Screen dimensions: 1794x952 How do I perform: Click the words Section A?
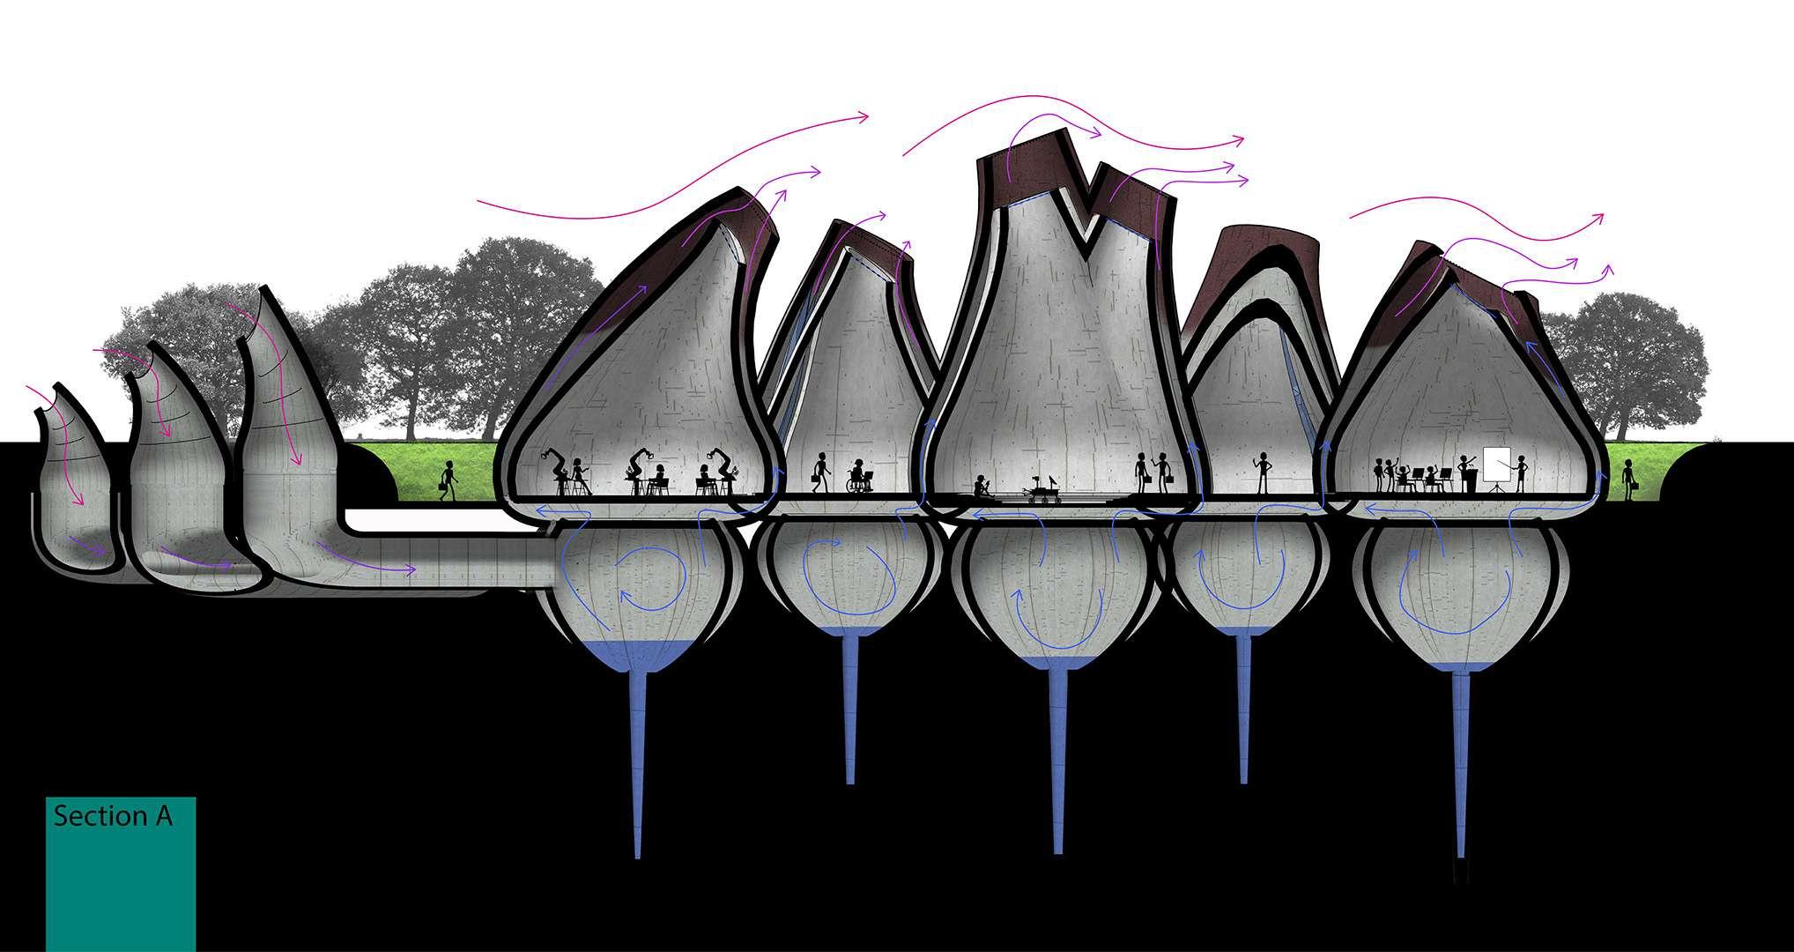[113, 816]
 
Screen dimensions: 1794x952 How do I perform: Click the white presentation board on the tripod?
[1497, 466]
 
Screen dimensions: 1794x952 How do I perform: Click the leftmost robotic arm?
[556, 466]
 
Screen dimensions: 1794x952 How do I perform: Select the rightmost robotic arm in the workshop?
[723, 467]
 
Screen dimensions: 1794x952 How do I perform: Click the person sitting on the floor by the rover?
[982, 486]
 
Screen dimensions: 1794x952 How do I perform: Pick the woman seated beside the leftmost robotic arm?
[580, 477]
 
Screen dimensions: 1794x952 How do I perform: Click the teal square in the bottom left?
[121, 873]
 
